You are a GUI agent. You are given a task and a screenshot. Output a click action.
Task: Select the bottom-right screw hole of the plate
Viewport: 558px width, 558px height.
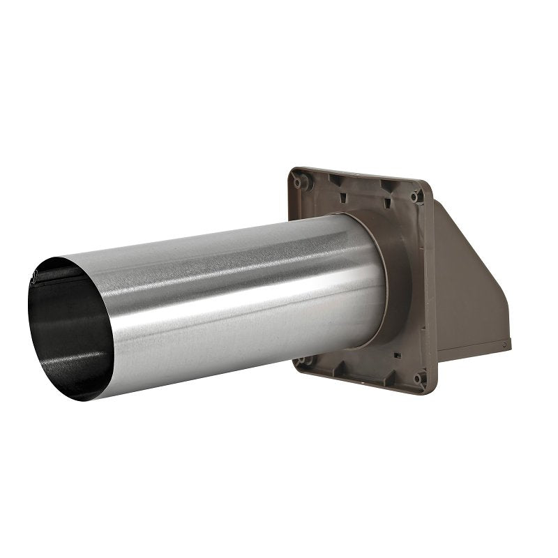coord(417,379)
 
